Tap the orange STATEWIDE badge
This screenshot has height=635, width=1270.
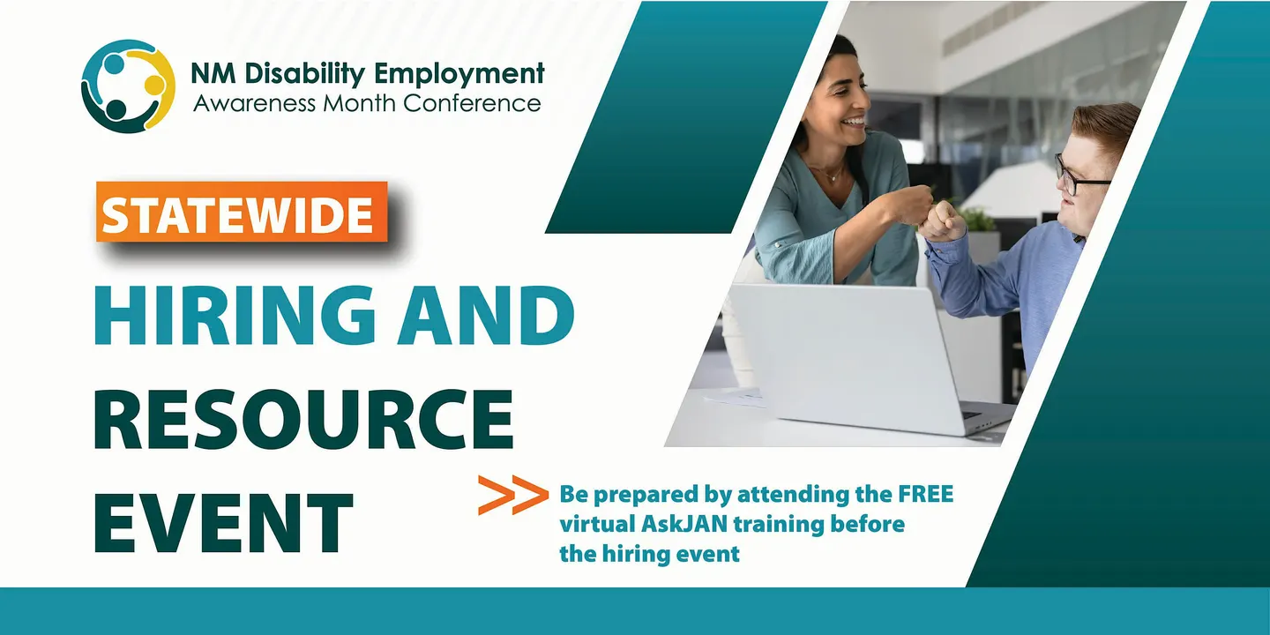242,212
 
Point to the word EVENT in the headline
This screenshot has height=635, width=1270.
223,523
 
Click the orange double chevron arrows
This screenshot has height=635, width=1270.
513,495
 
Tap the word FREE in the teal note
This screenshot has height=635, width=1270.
925,494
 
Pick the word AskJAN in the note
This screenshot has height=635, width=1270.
684,523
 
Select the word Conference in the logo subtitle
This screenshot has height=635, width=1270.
472,103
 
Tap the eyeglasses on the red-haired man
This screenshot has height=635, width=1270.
1077,176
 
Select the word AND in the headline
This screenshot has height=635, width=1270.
486,315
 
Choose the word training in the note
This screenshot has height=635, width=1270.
779,525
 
